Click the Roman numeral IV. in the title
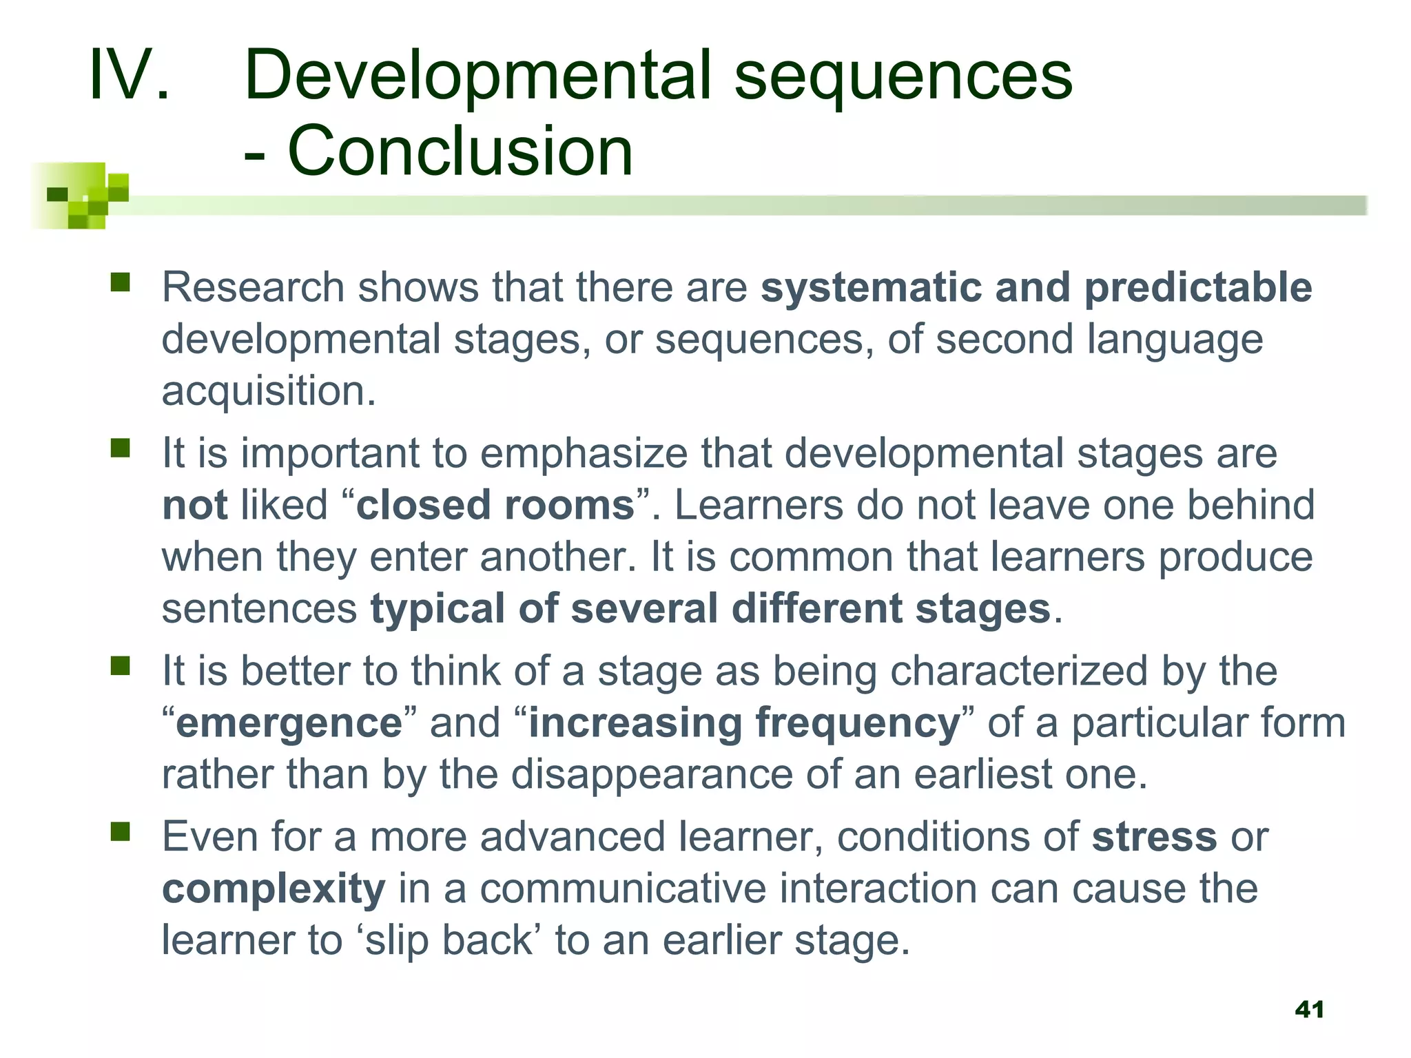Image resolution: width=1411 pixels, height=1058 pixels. coord(129,74)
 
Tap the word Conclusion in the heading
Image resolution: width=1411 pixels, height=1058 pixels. coord(460,151)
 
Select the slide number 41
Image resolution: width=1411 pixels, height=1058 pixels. coord(1309,1010)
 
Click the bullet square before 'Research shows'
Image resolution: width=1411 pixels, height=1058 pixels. coord(121,282)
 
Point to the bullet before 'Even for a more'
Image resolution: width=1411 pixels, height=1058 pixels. coord(121,832)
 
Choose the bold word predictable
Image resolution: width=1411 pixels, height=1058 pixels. coord(1198,287)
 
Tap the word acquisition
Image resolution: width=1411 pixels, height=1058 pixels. coord(268,391)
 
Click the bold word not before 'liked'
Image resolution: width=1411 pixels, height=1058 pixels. coord(194,505)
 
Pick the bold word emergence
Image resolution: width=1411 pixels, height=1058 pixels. coord(289,723)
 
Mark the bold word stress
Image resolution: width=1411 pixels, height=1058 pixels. coord(1154,837)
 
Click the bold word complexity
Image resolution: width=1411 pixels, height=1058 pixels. coord(274,889)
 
